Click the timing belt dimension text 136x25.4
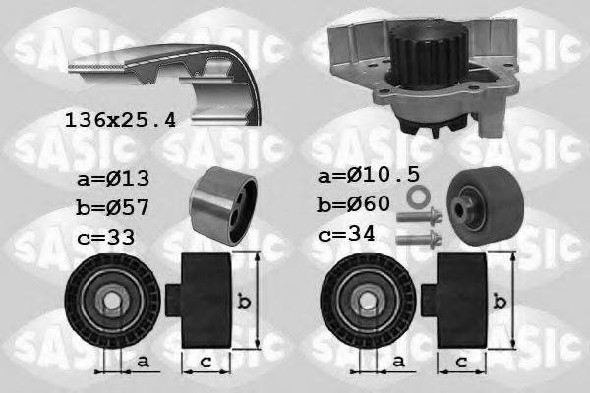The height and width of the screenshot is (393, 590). [122, 121]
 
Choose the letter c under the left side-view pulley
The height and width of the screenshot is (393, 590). [206, 364]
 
